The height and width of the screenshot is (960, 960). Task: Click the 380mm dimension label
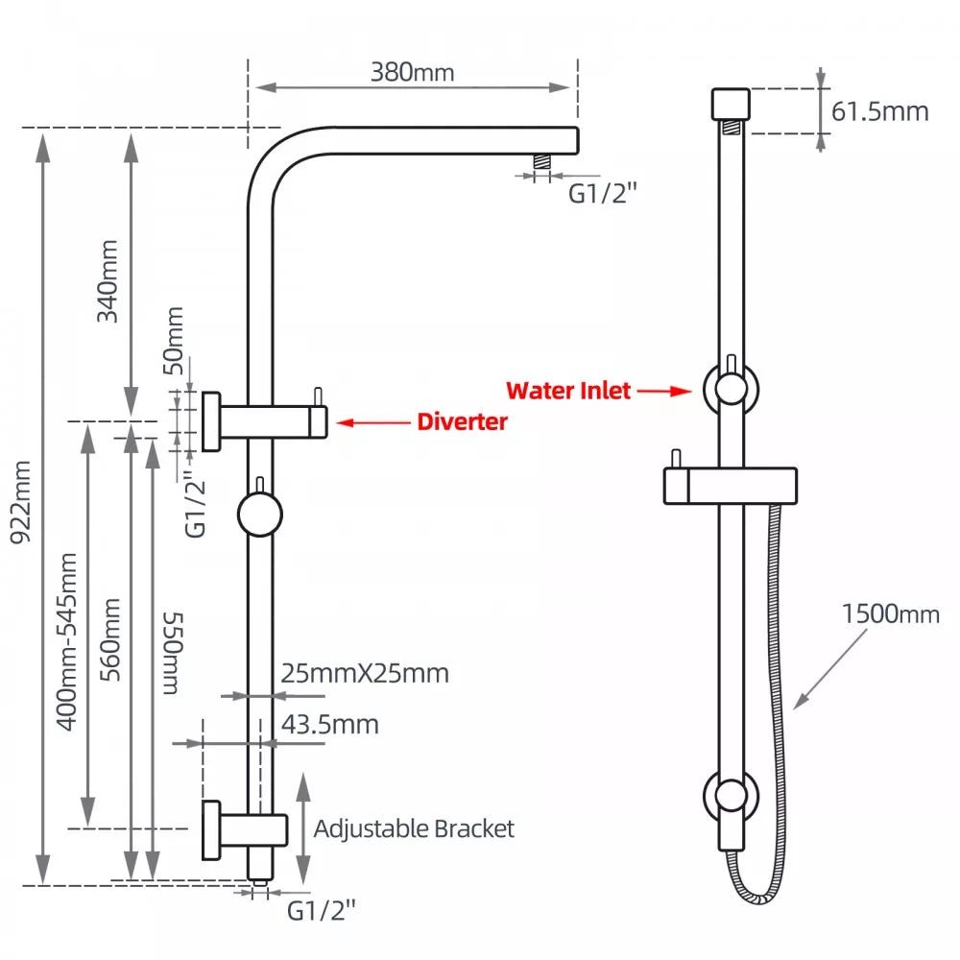[414, 71]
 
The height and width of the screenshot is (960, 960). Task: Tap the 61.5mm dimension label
[880, 111]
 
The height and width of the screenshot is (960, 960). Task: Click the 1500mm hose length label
[890, 612]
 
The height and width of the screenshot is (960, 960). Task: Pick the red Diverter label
[462, 421]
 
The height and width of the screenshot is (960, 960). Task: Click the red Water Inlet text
[568, 391]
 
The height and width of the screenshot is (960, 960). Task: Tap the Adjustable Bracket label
[414, 828]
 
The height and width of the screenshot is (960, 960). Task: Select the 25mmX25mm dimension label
[365, 673]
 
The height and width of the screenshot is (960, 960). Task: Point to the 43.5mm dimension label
[329, 724]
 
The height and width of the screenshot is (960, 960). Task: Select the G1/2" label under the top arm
[603, 193]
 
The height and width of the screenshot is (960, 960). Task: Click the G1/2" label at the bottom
[322, 909]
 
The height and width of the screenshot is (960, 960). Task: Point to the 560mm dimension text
[111, 638]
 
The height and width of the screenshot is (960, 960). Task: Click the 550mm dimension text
[171, 653]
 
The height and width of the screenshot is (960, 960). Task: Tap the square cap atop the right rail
[730, 103]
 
